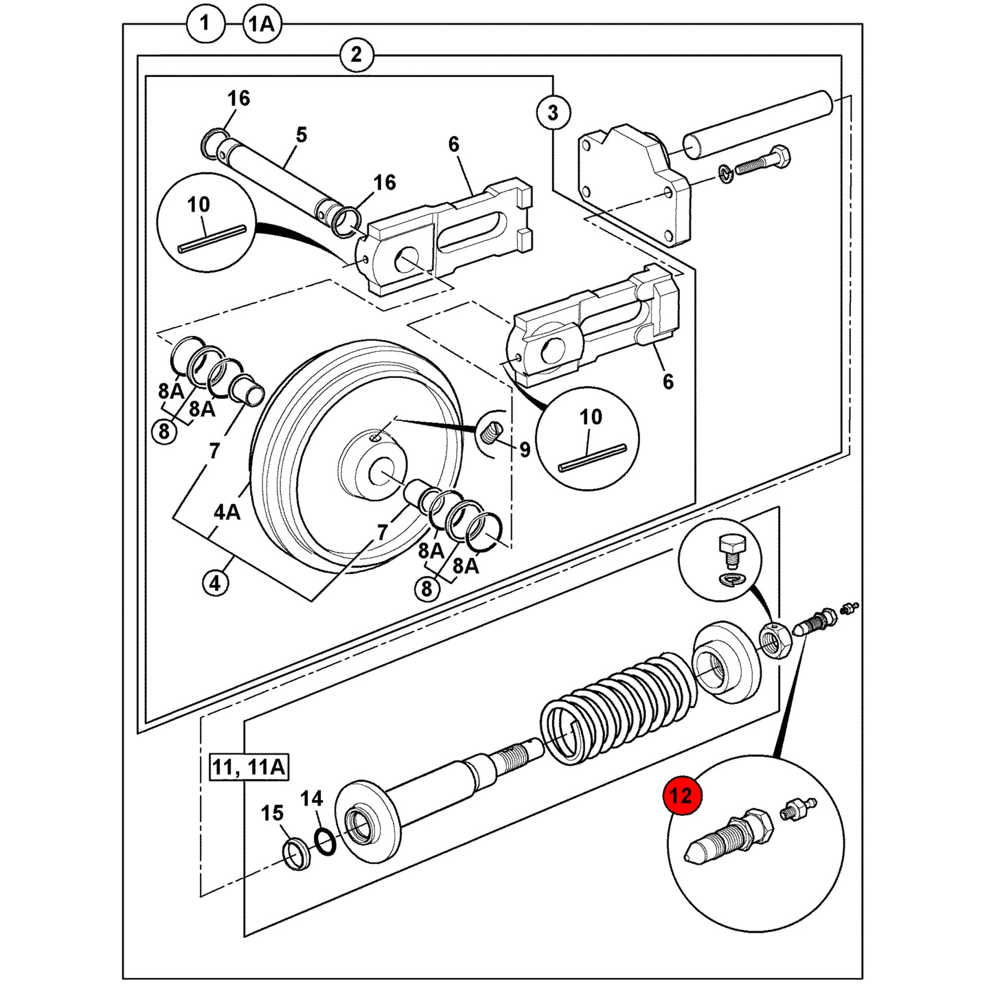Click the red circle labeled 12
click(x=681, y=796)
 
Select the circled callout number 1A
click(x=262, y=24)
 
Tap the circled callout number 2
click(x=356, y=54)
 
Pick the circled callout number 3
click(x=553, y=113)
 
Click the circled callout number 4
click(x=216, y=584)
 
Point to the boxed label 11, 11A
click(x=249, y=767)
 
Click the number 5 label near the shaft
click(x=302, y=135)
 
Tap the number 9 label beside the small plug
click(x=525, y=450)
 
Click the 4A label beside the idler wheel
click(x=227, y=512)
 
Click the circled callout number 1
click(x=205, y=23)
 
